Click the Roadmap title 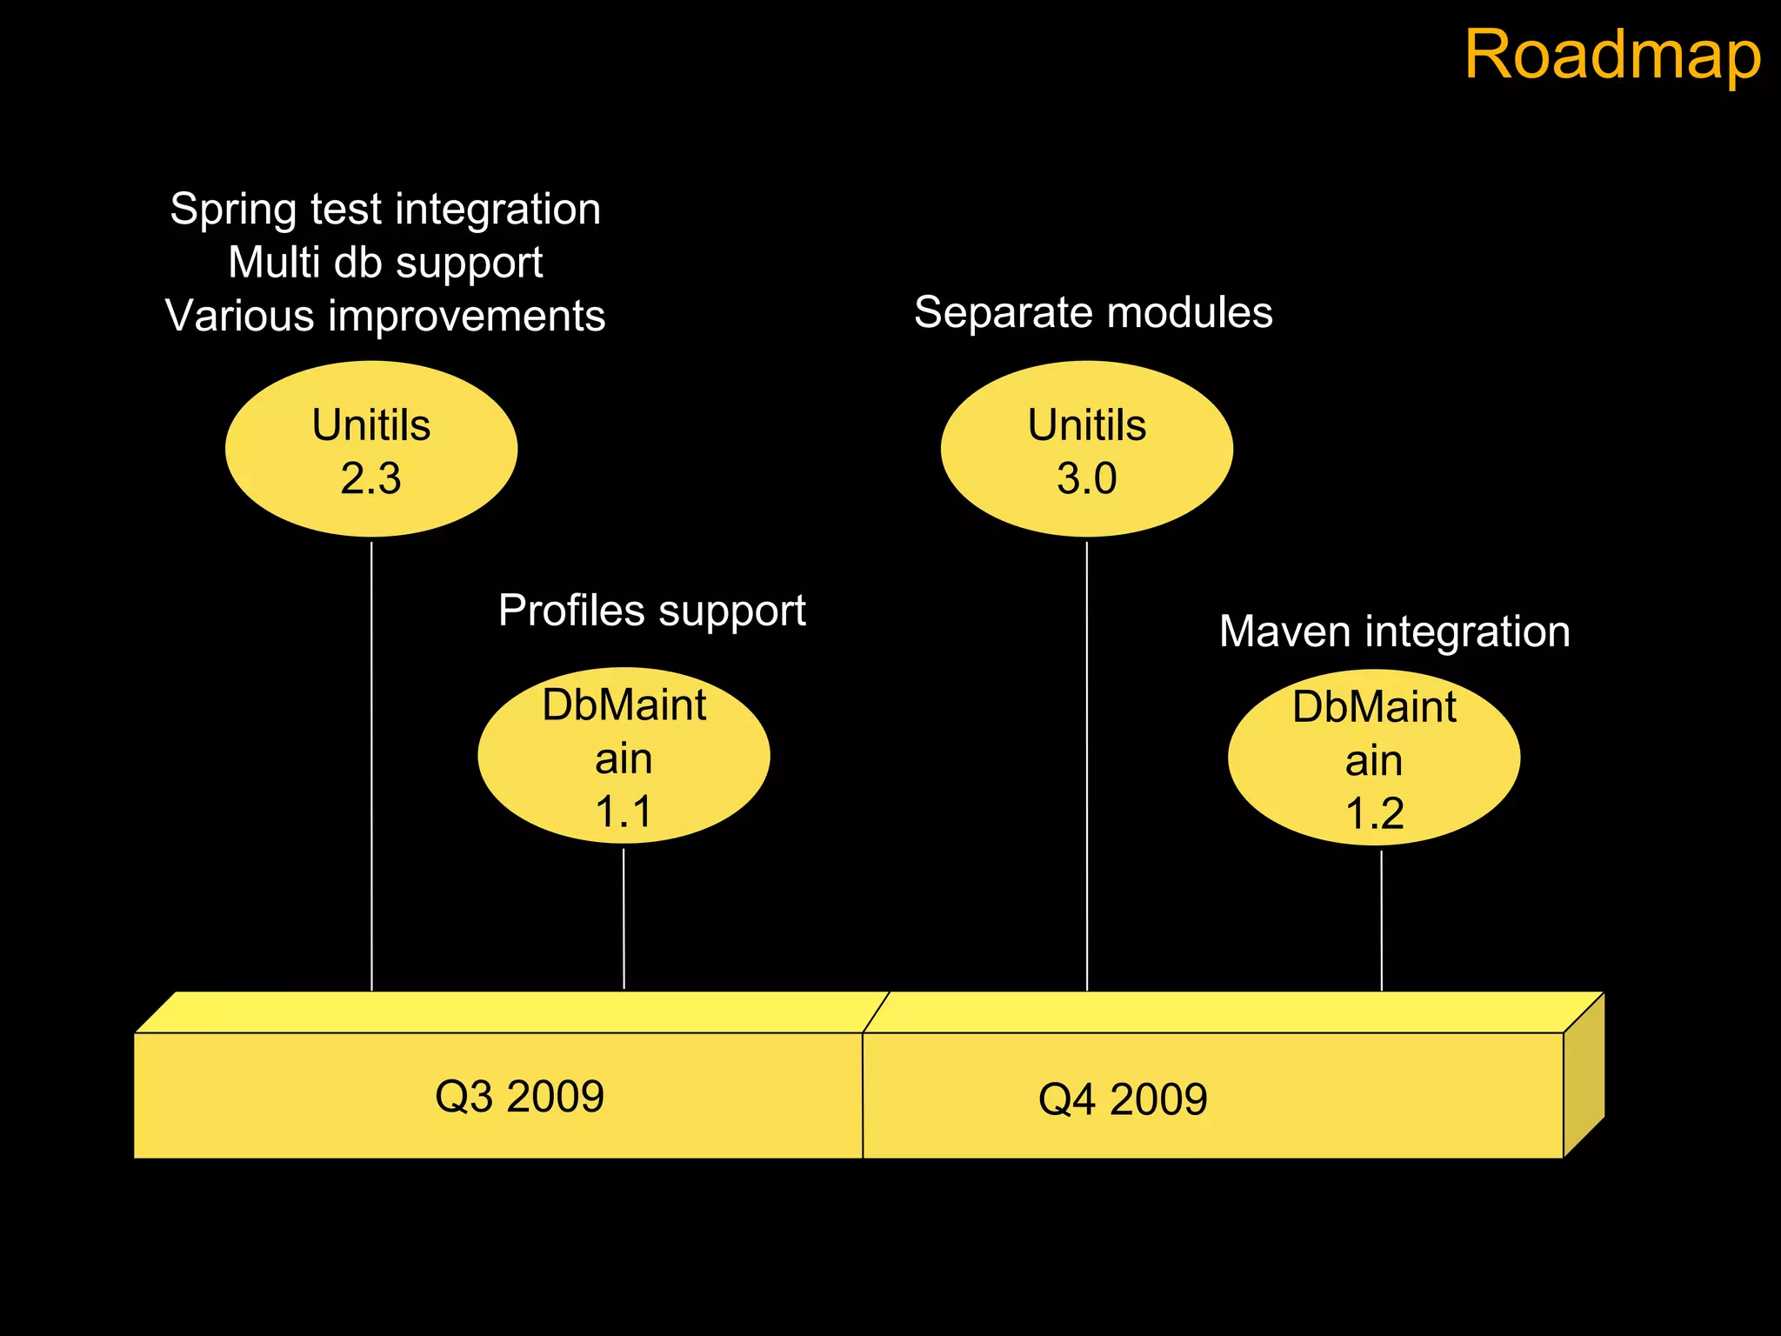coord(1612,54)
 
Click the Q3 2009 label coord(519,1096)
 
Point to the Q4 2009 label coord(1123,1099)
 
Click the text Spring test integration coord(385,209)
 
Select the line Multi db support coord(385,262)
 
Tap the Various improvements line coord(385,315)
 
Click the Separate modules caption coord(1093,311)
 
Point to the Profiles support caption coord(651,610)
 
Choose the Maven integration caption coord(1394,631)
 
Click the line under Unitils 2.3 coord(371,765)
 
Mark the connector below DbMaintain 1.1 coord(624,918)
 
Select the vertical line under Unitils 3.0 coord(1087,765)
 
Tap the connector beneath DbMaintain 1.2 coord(1381,920)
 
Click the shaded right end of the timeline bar coord(1584,1075)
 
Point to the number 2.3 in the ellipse coord(370,478)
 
